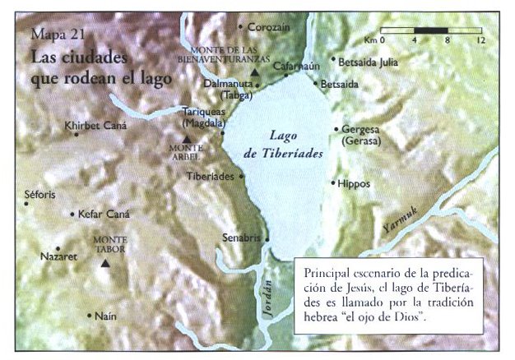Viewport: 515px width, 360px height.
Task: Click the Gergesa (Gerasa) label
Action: click(362, 136)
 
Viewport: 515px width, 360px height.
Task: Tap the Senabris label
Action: click(241, 238)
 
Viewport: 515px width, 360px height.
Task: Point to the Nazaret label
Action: click(58, 256)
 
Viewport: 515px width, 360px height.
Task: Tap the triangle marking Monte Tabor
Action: click(104, 264)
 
